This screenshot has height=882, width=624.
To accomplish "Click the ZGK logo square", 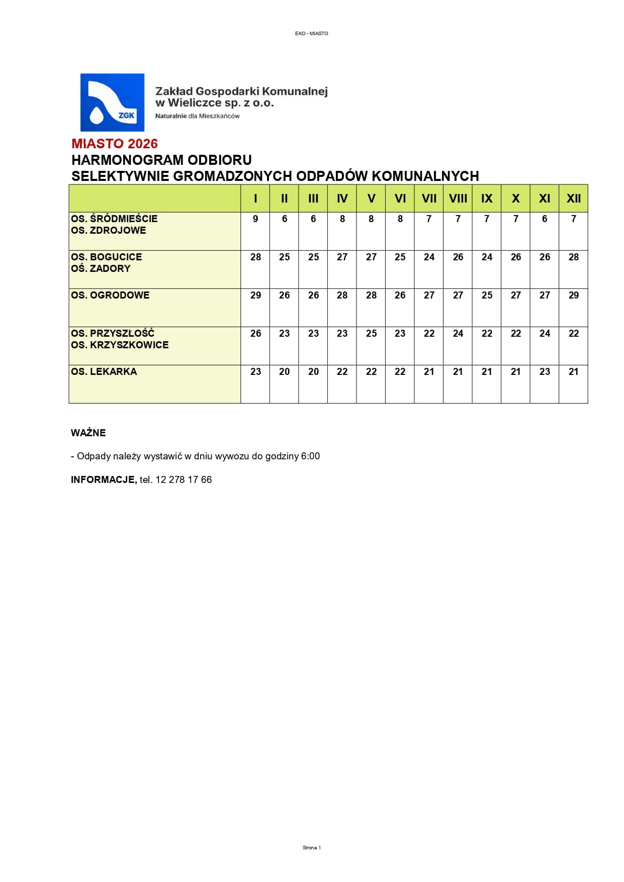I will click(x=112, y=103).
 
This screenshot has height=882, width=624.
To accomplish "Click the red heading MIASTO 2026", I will click(x=115, y=144).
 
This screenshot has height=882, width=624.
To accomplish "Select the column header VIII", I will click(x=458, y=199).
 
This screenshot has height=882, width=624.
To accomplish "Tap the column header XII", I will click(x=573, y=199).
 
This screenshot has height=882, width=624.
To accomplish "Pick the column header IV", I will click(x=342, y=199).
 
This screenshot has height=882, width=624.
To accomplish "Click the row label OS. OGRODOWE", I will click(x=110, y=295).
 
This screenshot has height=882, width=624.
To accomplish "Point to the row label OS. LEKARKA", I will click(x=104, y=371).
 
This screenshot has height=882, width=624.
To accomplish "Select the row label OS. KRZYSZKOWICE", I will click(x=120, y=345).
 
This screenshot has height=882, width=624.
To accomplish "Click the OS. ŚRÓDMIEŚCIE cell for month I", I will click(x=255, y=219).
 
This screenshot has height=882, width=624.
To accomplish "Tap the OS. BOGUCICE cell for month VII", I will click(x=429, y=257).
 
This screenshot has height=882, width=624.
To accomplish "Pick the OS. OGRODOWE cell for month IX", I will click(x=487, y=296).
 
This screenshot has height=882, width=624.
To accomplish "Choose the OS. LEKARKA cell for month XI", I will click(x=545, y=372).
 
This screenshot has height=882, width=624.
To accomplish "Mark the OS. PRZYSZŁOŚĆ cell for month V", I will click(x=371, y=334).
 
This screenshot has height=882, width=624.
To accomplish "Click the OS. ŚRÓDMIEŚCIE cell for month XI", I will click(x=545, y=219).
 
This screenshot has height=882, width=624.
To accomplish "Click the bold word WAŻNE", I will click(x=88, y=433).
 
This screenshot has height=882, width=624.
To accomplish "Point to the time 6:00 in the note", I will click(x=310, y=456).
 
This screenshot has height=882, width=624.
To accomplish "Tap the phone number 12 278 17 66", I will click(x=184, y=480).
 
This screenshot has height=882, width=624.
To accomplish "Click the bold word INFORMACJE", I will click(x=104, y=480).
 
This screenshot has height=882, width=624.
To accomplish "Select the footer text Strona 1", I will click(x=312, y=847).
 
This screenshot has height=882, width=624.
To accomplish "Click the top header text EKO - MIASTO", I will click(x=312, y=34).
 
